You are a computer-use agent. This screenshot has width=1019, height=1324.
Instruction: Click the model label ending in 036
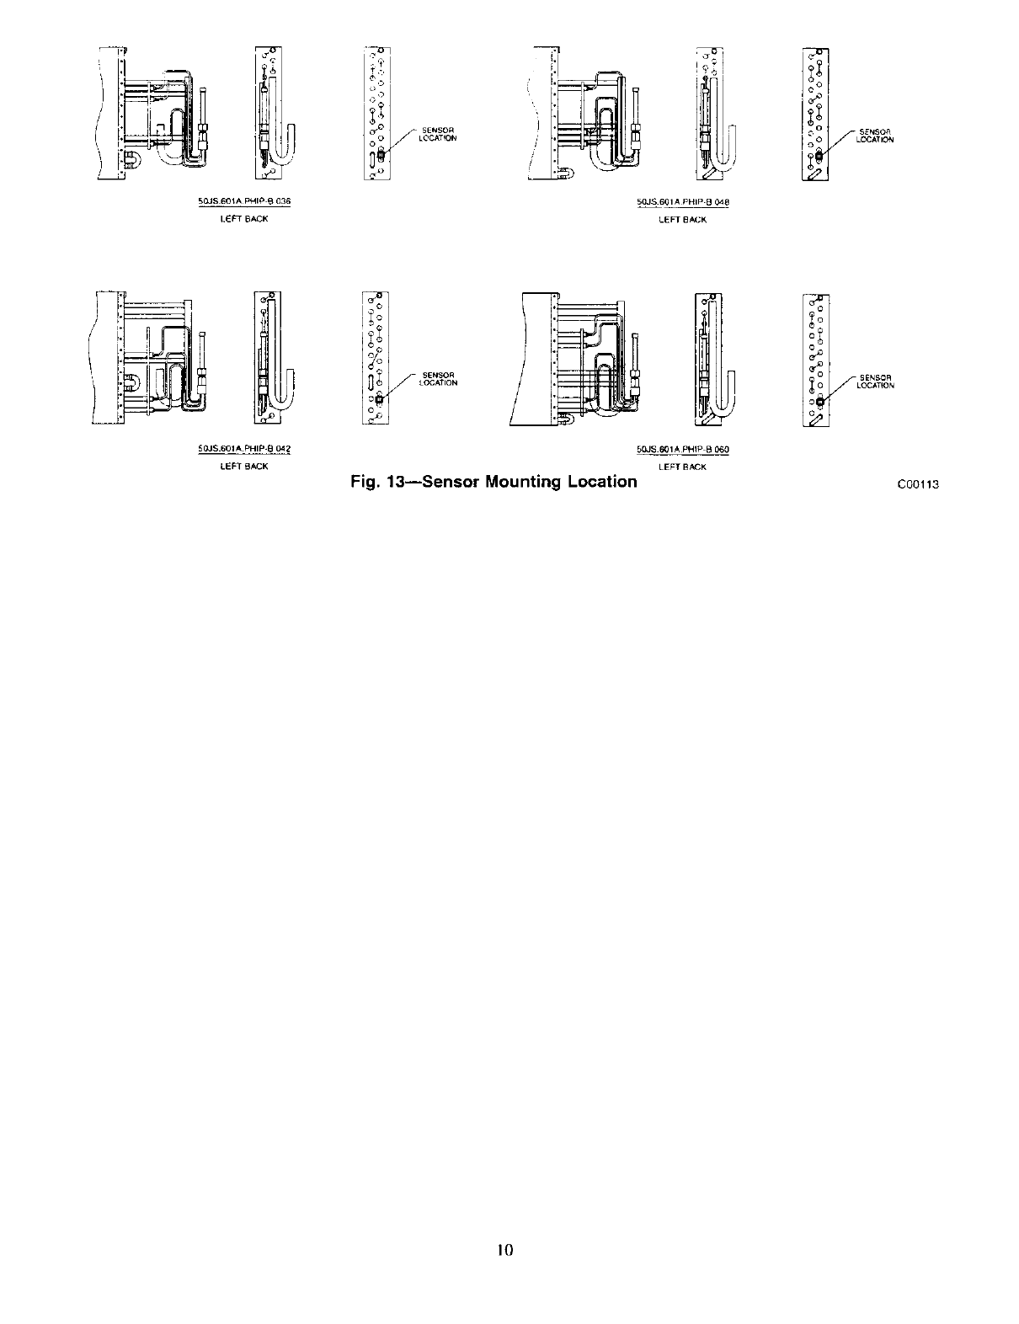coord(244,202)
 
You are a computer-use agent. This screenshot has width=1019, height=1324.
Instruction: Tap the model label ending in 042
coord(244,450)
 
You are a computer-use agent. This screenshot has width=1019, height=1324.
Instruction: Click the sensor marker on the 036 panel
coord(381,154)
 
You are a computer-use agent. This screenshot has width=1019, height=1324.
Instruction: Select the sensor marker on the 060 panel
coord(819,403)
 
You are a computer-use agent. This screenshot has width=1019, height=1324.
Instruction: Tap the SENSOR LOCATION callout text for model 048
coord(874,136)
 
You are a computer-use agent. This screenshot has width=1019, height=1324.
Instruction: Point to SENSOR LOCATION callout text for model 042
coord(438,379)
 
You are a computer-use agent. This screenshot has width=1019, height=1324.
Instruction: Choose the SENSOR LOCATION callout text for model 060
coord(875,382)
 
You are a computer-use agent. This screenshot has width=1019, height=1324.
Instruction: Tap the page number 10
coord(504,1249)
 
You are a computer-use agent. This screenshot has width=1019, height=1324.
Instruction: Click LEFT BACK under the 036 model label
coord(244,219)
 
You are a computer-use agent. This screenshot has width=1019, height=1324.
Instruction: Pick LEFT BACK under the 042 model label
coord(244,466)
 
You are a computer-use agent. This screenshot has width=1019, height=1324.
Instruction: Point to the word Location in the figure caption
coord(598,482)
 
